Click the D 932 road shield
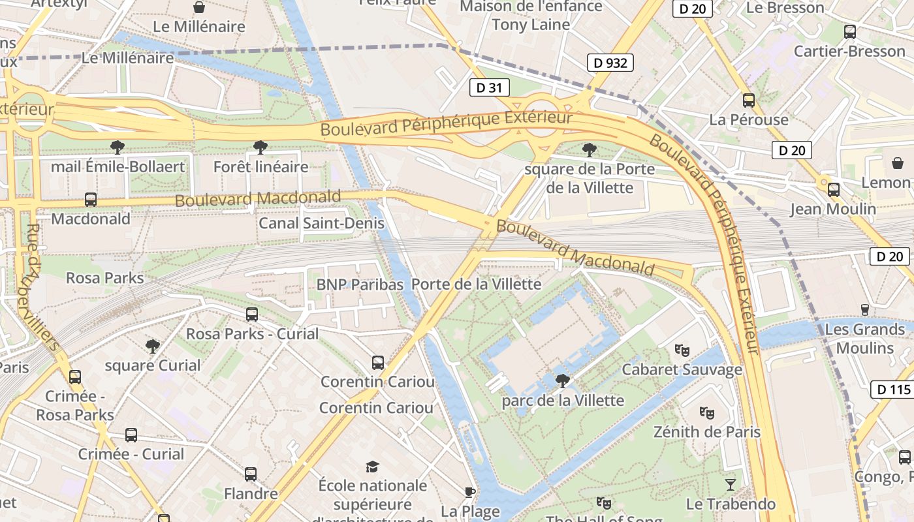[x=610, y=63]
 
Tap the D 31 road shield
[x=489, y=87]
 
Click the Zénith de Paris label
[x=707, y=432]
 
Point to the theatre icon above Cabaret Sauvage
[x=682, y=350]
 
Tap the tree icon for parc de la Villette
[x=562, y=380]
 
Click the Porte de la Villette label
[x=477, y=284]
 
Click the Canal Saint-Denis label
[x=321, y=223]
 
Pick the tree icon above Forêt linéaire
[x=260, y=147]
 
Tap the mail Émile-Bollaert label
[x=118, y=166]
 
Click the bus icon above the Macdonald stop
[x=91, y=199]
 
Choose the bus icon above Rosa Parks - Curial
[x=252, y=314]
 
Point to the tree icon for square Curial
[x=153, y=345]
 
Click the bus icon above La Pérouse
[x=749, y=100]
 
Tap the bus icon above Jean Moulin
[x=834, y=189]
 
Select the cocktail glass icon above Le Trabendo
[x=731, y=484]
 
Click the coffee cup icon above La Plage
[x=469, y=491]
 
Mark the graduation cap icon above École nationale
[x=372, y=466]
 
